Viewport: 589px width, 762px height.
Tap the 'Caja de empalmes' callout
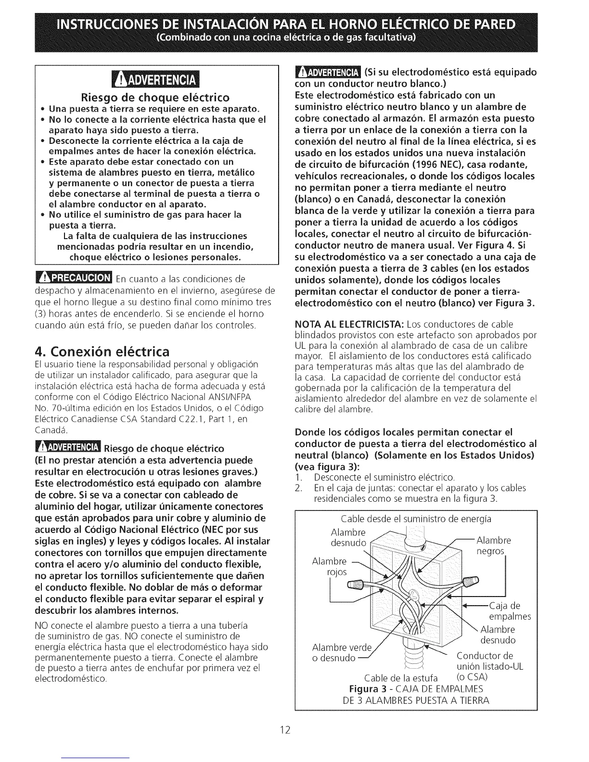(509, 611)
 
